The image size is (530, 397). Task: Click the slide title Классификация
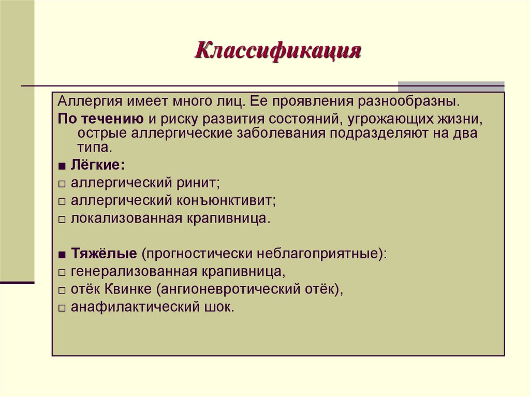(x=277, y=52)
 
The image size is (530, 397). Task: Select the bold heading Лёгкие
(x=98, y=166)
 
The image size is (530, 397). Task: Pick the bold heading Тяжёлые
(x=104, y=254)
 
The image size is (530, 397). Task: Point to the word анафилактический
(x=134, y=307)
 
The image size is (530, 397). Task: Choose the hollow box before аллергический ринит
(x=62, y=184)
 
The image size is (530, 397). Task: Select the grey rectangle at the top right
(x=451, y=86)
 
